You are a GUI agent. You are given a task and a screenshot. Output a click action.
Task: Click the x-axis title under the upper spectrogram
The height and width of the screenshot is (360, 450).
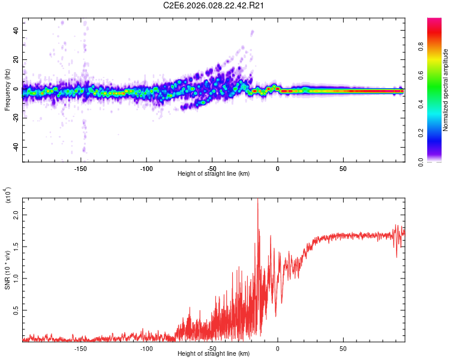tap(214, 173)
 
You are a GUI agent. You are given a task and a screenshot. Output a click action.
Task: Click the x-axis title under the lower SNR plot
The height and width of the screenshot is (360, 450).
tap(214, 353)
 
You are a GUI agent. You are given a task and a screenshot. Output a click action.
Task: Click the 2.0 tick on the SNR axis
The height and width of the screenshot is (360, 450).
tap(16, 214)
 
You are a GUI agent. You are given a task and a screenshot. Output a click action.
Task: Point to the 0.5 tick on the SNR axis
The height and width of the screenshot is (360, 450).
tap(16, 310)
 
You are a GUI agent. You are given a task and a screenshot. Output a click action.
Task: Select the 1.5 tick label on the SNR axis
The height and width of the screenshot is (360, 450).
tap(16, 246)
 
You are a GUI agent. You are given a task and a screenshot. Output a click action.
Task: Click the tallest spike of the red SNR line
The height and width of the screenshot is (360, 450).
tap(257, 200)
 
